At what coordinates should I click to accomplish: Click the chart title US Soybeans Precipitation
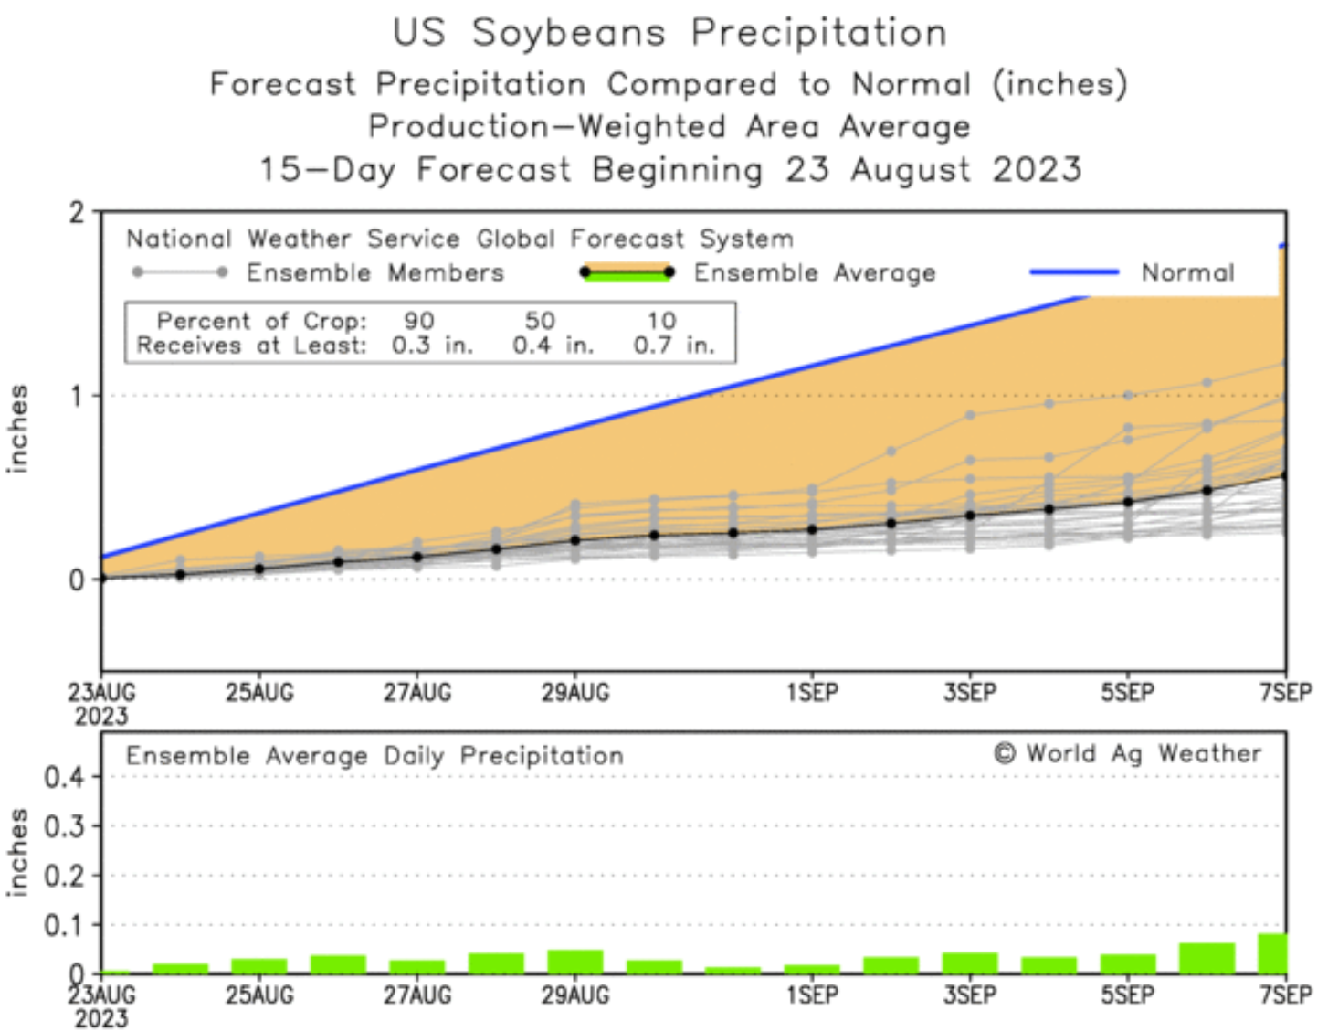669,33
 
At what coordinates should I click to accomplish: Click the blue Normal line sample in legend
1074,271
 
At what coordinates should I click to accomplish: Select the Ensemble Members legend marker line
180,272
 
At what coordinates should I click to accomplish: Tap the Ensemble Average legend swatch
627,272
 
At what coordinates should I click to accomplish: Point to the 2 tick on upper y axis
77,213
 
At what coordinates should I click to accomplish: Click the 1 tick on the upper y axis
77,396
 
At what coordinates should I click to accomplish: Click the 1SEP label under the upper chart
812,693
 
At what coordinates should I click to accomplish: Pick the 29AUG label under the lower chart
574,995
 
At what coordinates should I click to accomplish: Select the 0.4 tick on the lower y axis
64,777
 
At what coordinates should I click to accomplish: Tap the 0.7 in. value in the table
673,346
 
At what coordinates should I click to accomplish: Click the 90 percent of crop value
419,321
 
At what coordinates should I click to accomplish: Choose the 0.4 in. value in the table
553,346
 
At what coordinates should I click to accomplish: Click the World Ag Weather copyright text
1128,754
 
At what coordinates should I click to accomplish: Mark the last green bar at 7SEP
1272,953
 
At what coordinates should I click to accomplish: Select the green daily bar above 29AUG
574,962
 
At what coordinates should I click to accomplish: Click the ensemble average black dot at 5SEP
1128,502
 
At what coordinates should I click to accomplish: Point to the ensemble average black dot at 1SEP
812,529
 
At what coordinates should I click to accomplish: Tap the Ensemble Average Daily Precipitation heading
374,756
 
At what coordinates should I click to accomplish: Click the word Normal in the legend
1187,272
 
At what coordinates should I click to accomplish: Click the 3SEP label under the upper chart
970,693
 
